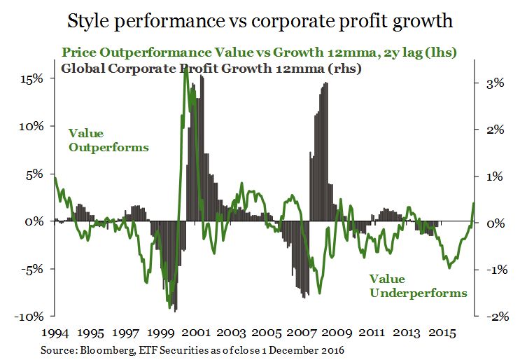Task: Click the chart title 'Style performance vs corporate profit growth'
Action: click(260, 21)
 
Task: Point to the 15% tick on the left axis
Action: click(31, 79)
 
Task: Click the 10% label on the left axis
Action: click(31, 127)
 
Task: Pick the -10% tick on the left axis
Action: click(29, 317)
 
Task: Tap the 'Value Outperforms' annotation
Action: click(108, 140)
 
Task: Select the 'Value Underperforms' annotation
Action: click(417, 286)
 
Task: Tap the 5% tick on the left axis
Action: click(34, 174)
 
